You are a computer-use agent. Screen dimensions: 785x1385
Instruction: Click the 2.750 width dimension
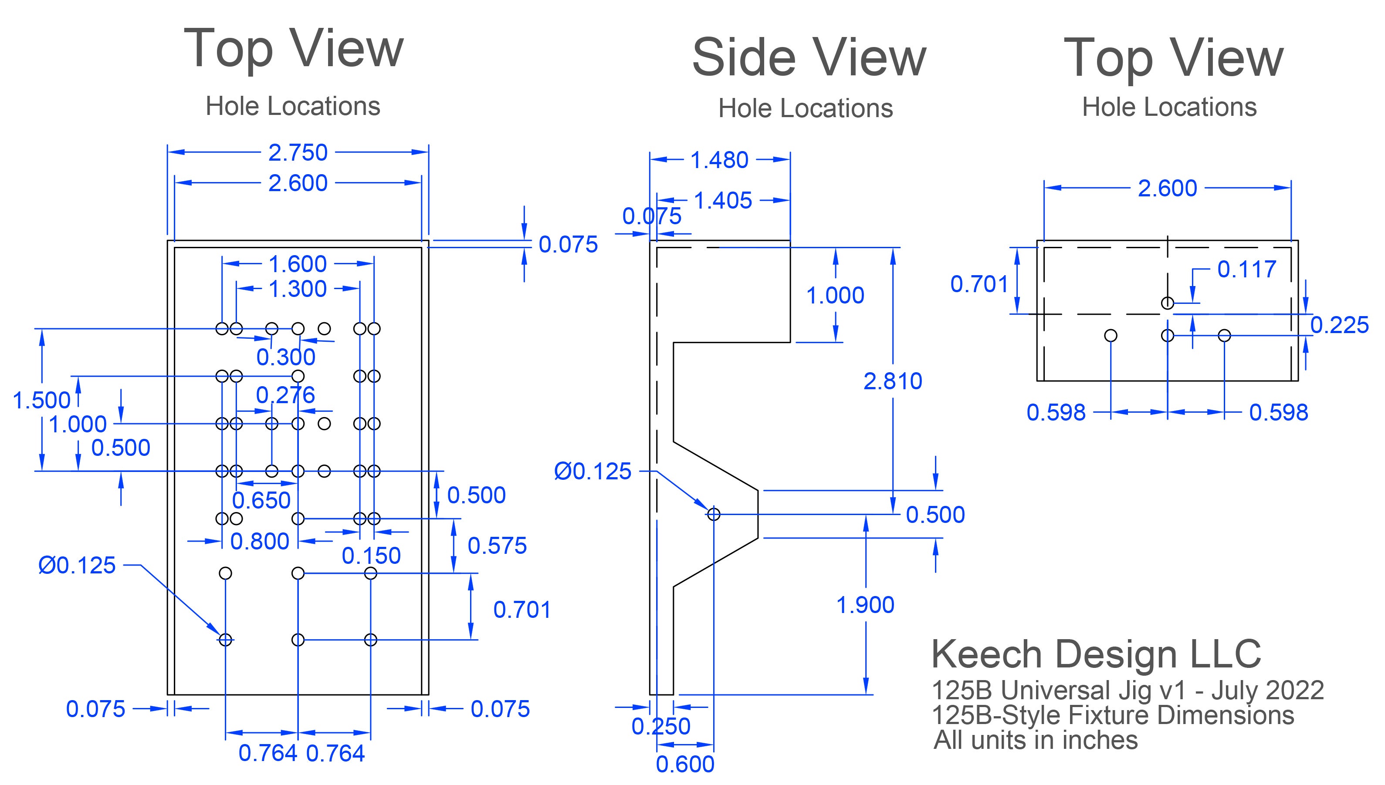[x=298, y=152]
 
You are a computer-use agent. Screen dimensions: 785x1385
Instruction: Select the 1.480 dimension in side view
[x=719, y=160]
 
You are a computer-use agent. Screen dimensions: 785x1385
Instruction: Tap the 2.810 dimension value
[x=893, y=381]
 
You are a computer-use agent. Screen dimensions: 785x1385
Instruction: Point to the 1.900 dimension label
[x=865, y=605]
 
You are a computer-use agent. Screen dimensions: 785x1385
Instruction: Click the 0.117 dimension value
[x=1246, y=269]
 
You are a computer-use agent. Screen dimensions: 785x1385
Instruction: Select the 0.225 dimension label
[x=1339, y=325]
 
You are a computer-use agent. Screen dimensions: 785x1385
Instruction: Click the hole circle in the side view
[x=714, y=514]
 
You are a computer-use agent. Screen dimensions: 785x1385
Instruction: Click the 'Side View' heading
[x=809, y=58]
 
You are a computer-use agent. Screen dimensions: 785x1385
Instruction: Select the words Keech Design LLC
[x=1096, y=654]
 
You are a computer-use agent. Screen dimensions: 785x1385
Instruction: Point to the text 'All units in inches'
[x=1036, y=740]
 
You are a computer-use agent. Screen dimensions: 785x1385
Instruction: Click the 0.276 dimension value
[x=285, y=395]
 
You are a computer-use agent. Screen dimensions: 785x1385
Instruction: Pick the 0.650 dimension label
[x=261, y=501]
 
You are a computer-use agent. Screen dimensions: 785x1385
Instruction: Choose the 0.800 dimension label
[x=260, y=541]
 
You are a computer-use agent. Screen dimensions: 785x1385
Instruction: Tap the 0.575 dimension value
[x=497, y=546]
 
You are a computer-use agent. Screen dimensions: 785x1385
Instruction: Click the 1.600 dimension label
[x=297, y=264]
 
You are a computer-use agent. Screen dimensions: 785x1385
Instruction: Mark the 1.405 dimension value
[x=723, y=201]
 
